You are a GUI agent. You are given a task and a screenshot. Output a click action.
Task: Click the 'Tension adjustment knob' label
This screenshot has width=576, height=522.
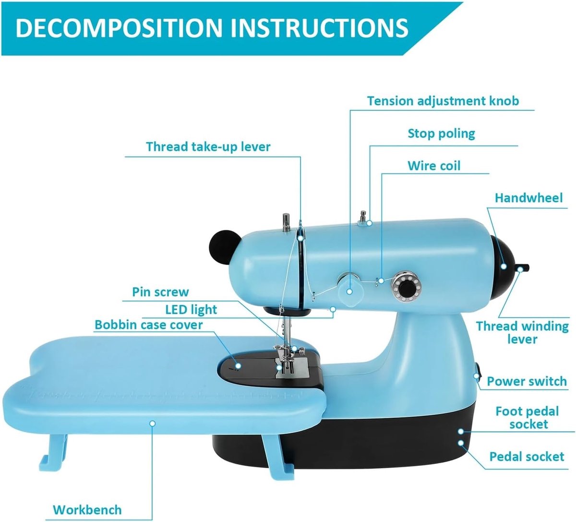click(x=443, y=101)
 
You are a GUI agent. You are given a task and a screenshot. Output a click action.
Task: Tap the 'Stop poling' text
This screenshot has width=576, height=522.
click(x=441, y=134)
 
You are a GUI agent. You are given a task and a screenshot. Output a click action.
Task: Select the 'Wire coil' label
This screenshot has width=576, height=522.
click(x=434, y=166)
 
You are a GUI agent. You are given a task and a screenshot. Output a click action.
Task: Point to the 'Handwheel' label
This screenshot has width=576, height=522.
click(x=528, y=198)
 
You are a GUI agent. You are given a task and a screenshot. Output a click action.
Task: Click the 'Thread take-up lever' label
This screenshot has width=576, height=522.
click(x=208, y=147)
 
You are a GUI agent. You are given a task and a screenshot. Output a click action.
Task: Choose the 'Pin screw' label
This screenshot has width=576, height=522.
click(x=160, y=292)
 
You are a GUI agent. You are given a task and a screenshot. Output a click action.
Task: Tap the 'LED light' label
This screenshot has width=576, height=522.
click(x=191, y=310)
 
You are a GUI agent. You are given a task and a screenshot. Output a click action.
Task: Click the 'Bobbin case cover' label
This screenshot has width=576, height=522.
click(x=149, y=325)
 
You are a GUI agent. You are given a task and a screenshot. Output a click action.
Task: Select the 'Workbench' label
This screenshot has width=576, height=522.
click(x=87, y=510)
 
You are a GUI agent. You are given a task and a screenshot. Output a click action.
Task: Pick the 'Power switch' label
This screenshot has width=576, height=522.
click(x=527, y=381)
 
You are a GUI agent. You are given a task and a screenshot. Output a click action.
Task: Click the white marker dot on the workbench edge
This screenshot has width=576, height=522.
click(x=153, y=424)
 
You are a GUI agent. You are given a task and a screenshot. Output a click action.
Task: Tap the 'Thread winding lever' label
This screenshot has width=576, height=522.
click(x=522, y=333)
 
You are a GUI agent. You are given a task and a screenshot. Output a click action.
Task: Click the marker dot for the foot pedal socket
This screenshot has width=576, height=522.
click(x=461, y=431)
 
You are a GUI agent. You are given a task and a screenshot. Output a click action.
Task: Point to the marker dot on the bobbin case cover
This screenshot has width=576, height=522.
click(x=238, y=365)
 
